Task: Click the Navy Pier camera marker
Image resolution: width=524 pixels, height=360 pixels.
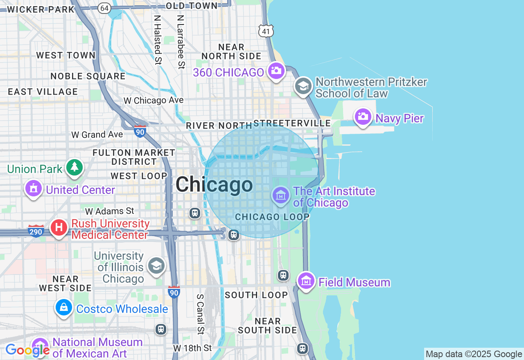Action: (x=363, y=117)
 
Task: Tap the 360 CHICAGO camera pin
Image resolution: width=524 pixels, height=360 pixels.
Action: (x=276, y=71)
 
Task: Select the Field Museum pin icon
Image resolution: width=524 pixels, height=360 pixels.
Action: (x=306, y=281)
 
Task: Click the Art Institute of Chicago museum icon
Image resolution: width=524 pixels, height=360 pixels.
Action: (x=281, y=196)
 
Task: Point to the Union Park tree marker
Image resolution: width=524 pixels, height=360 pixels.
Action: (x=74, y=167)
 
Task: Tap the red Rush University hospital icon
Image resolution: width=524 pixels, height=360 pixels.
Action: (x=59, y=227)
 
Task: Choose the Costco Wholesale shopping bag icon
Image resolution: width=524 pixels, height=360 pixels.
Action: (x=64, y=307)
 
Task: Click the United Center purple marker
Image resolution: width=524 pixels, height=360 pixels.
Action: (x=34, y=189)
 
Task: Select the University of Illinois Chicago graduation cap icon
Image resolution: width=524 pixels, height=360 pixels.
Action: (x=156, y=265)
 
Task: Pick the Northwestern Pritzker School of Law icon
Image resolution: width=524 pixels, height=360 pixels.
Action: (x=303, y=86)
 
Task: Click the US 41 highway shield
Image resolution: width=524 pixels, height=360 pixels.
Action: (x=266, y=31)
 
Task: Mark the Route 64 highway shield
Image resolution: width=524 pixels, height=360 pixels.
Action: (x=104, y=8)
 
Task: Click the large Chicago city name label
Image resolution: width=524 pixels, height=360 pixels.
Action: (x=214, y=184)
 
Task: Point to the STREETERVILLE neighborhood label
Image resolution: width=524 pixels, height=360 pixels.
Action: (x=292, y=124)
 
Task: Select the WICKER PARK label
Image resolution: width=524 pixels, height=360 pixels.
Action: (x=41, y=9)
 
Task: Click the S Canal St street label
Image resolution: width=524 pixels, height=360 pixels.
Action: (x=200, y=314)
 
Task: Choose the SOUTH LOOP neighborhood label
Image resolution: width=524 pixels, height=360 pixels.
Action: (x=256, y=295)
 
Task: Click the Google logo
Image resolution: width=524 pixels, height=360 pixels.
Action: (x=27, y=350)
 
